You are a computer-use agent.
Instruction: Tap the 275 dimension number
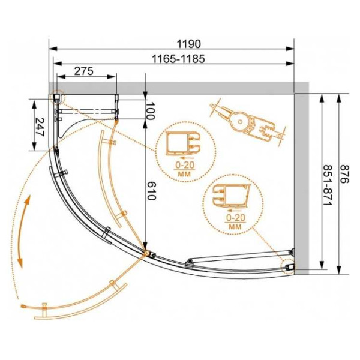point(83,72)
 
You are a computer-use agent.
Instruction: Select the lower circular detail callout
point(234,202)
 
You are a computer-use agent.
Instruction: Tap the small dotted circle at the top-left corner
point(56,97)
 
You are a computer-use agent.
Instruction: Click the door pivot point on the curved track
point(144,253)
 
